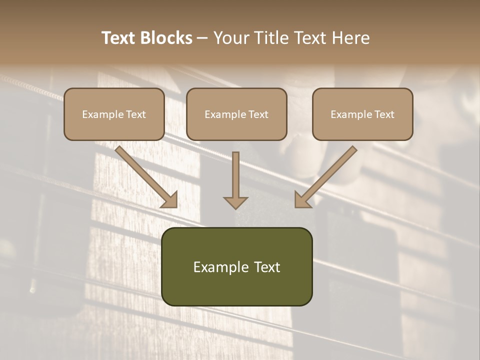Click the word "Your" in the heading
230,38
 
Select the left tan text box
114,114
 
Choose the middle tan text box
236,114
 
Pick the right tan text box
362,114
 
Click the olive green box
236,266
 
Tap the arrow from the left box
145,175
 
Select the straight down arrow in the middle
235,177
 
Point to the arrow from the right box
327,175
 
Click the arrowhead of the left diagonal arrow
170,200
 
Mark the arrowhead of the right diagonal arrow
302,200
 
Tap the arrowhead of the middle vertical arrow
235,202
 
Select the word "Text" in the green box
267,267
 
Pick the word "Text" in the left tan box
136,114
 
